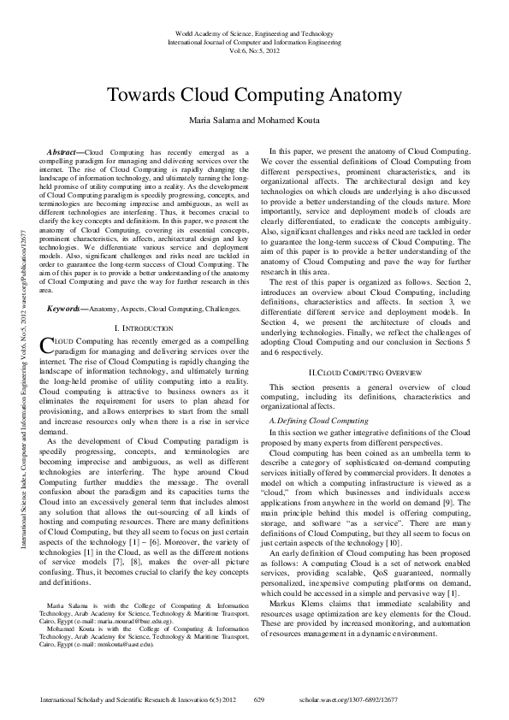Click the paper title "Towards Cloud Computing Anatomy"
pyautogui.click(x=254, y=95)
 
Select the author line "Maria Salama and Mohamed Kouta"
pyautogui.click(x=254, y=121)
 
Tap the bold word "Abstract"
pyautogui.click(x=68, y=151)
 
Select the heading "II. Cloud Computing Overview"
pyautogui.click(x=365, y=398)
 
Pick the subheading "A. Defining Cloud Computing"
pyautogui.click(x=319, y=422)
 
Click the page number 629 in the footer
pyautogui.click(x=260, y=700)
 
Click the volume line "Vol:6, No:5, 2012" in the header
pyautogui.click(x=254, y=50)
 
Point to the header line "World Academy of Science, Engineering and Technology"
pyautogui.click(x=254, y=32)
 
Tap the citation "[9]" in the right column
pyautogui.click(x=457, y=481)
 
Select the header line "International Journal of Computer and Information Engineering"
pyautogui.click(x=254, y=41)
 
